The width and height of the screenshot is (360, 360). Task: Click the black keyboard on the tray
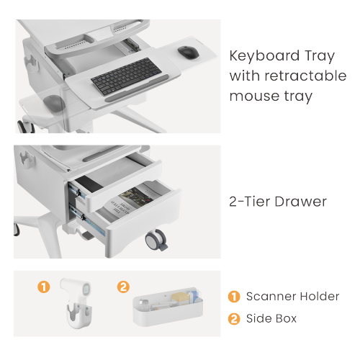[127, 76]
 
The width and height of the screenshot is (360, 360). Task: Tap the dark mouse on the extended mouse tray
[189, 52]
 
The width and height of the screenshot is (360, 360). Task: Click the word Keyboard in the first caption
[264, 55]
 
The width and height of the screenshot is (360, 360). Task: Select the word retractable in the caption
[305, 76]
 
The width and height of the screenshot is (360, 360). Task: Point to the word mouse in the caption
[255, 96]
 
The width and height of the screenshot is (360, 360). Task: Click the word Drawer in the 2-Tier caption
[300, 202]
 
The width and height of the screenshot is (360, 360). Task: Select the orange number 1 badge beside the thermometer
[44, 287]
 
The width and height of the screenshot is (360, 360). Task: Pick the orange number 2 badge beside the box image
[123, 287]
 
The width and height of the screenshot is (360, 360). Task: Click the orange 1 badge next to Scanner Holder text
[234, 297]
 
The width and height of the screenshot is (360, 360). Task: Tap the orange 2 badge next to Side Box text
[234, 319]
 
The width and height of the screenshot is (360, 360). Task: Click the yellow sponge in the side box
[180, 298]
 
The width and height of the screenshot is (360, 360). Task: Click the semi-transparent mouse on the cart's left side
[54, 103]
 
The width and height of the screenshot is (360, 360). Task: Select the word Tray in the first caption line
[320, 56]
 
